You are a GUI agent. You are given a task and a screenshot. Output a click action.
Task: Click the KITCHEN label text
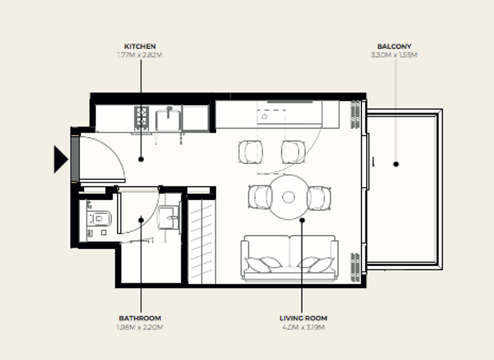140,46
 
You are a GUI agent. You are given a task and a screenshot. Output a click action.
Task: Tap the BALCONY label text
394,46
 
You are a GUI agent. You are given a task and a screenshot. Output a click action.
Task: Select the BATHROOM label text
140,318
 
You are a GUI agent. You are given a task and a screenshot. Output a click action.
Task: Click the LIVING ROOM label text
303,318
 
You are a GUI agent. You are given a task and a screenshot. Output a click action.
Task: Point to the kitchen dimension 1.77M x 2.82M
140,55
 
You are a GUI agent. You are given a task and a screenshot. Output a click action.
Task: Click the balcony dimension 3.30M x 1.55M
394,55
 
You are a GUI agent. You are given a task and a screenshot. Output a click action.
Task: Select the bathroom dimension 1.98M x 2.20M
140,327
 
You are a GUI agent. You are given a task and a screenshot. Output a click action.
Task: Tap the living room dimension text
303,327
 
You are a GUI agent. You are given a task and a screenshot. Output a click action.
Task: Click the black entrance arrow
60,159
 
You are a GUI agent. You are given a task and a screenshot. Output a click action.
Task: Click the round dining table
288,197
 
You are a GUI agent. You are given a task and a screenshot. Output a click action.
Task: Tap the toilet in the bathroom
98,220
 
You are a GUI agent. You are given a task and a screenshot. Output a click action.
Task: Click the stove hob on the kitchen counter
142,118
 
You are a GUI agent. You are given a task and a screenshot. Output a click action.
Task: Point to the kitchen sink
169,118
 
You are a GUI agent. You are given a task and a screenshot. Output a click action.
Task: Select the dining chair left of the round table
259,197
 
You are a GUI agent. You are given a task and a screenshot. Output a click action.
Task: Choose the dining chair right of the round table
319,197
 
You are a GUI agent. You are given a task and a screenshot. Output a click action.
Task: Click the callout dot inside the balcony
396,164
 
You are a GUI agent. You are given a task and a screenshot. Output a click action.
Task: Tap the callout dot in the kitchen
140,159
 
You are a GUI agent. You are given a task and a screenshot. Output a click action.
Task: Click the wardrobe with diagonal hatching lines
200,241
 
